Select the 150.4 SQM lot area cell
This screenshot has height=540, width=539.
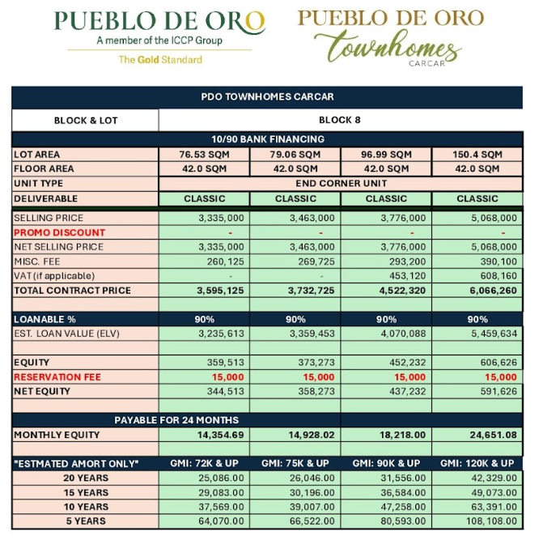477,155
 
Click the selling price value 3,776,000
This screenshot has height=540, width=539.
402,218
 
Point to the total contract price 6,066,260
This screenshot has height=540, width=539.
492,291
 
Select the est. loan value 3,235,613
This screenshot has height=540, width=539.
220,334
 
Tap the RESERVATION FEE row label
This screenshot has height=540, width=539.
57,377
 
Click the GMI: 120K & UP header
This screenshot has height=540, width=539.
477,463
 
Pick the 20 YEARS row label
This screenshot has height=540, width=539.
85,478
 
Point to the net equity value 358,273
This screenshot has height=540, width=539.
312,392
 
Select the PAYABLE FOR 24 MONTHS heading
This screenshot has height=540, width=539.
176,420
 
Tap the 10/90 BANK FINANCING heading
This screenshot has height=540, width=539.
267,139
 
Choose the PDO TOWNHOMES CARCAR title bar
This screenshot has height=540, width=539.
267,96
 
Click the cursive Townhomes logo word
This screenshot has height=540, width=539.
388,46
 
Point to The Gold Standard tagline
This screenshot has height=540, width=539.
160,59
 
